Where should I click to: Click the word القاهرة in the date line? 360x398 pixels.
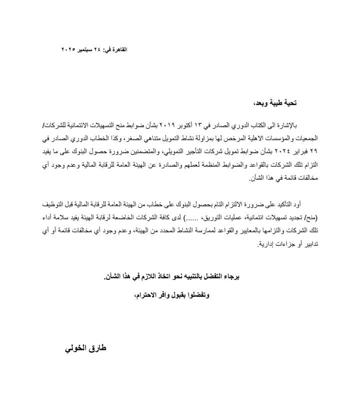tap(118, 49)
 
